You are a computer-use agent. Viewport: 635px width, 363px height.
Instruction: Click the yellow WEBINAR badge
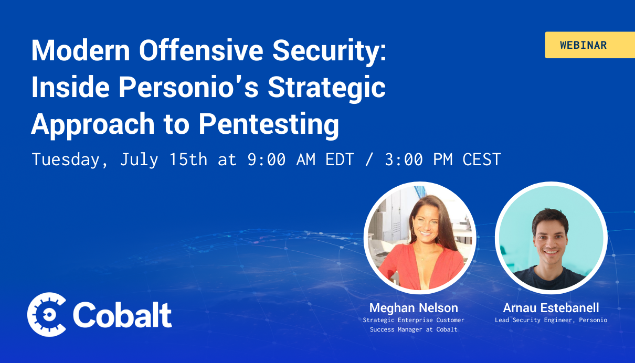(x=590, y=45)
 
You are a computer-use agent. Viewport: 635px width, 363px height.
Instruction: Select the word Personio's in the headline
(x=188, y=87)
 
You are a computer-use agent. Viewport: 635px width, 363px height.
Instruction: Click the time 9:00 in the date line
(x=267, y=159)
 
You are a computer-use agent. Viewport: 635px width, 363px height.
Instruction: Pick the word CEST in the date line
(x=482, y=159)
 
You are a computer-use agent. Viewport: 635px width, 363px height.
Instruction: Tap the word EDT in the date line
(x=340, y=159)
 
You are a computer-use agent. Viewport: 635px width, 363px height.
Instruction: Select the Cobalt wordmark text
(x=122, y=315)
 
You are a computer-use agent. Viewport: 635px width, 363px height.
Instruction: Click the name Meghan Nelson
(x=414, y=308)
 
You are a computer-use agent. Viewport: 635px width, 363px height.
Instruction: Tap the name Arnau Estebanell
(x=551, y=308)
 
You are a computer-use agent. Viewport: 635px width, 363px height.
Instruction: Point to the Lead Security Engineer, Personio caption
(x=551, y=320)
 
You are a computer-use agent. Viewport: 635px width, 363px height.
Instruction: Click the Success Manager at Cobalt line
(x=414, y=329)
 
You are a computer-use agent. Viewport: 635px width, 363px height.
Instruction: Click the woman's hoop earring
(x=414, y=231)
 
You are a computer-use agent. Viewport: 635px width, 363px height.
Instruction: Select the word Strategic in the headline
(x=326, y=88)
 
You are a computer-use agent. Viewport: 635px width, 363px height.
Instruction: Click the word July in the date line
(x=139, y=159)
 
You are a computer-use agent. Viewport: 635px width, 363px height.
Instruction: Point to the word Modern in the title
(x=81, y=50)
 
